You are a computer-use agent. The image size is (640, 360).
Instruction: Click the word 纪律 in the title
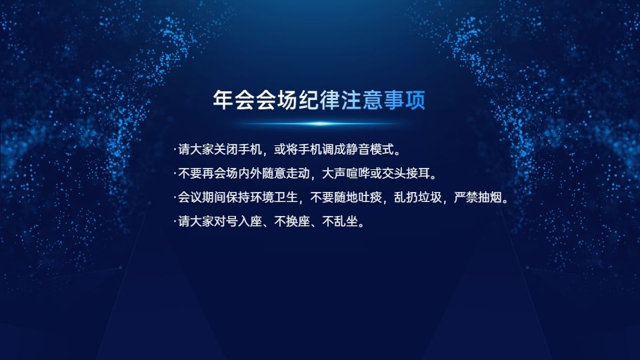(x=319, y=99)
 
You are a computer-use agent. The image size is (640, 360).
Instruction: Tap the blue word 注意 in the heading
(x=362, y=99)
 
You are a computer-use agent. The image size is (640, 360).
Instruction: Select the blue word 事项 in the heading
(x=405, y=99)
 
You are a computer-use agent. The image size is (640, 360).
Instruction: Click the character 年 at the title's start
(x=223, y=99)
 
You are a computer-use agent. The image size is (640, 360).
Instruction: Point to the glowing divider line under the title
(x=321, y=123)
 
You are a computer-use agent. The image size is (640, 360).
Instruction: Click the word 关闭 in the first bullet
(x=226, y=149)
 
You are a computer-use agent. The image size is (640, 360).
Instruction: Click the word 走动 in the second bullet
(x=298, y=173)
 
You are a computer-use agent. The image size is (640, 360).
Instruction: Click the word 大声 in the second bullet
(x=334, y=173)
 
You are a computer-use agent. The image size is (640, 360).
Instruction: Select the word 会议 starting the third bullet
(x=190, y=197)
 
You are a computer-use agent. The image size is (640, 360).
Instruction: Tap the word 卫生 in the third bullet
(x=286, y=197)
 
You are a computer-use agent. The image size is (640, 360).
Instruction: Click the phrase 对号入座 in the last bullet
(x=238, y=221)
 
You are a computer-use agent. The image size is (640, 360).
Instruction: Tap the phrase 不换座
(x=292, y=221)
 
